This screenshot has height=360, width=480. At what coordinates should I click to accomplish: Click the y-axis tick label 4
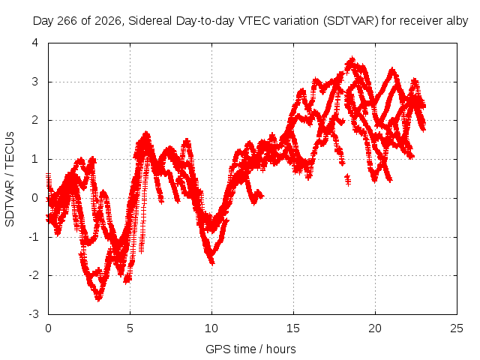click(35, 43)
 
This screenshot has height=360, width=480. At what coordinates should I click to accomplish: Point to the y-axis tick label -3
click(34, 314)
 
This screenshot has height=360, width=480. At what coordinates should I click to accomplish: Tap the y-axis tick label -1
click(34, 237)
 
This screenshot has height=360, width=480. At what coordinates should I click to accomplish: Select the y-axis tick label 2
click(35, 120)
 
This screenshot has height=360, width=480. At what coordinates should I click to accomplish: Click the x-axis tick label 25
click(457, 328)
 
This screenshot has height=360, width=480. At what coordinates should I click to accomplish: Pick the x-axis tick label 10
click(211, 328)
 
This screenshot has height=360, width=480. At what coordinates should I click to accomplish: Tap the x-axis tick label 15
click(293, 328)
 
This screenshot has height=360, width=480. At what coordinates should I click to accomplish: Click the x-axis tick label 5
click(130, 328)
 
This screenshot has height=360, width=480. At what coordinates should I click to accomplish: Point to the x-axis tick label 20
click(375, 328)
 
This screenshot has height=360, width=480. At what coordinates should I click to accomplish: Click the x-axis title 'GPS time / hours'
click(250, 349)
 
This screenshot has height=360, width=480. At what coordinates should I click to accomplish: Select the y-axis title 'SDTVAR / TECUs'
click(10, 179)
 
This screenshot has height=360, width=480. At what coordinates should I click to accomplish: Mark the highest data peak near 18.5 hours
click(352, 58)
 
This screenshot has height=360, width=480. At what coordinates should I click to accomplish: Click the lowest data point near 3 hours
click(98, 298)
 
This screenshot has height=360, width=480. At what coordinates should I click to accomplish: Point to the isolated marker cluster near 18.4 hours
click(347, 179)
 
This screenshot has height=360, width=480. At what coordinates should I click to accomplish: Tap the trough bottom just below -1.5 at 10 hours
click(211, 262)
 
